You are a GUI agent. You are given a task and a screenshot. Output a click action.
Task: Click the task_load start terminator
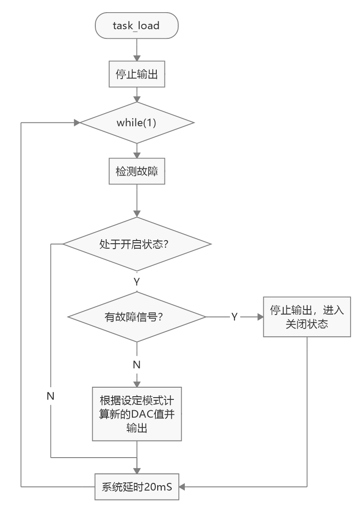137,25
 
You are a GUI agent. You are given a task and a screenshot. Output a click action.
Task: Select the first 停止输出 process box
137,74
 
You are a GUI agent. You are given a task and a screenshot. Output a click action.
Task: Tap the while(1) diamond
137,123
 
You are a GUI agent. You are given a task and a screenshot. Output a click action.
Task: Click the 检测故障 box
137,171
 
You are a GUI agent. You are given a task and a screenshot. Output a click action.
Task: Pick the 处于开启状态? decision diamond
137,244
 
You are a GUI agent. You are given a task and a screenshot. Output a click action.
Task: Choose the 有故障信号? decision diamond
137,317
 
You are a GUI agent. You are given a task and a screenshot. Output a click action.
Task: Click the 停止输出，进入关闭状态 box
307,317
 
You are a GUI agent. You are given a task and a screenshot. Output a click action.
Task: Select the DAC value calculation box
137,414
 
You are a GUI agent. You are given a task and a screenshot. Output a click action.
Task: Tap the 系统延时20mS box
137,486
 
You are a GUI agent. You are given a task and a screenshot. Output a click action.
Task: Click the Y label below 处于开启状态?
137,282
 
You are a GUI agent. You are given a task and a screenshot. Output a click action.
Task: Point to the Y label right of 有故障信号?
234,317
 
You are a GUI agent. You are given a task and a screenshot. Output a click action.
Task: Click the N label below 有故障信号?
137,365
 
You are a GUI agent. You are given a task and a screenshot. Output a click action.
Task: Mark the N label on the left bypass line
50,396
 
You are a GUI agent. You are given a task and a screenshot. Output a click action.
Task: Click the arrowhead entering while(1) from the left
77,123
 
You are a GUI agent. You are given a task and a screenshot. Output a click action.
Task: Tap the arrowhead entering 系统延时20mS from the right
182,486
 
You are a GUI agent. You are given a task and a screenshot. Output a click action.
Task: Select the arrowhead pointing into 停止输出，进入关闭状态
261,317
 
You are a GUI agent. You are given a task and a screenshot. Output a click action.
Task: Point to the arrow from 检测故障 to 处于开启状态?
137,201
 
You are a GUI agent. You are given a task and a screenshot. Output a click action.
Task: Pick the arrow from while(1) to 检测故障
137,151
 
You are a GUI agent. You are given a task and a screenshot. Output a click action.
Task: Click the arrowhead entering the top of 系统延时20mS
137,471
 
